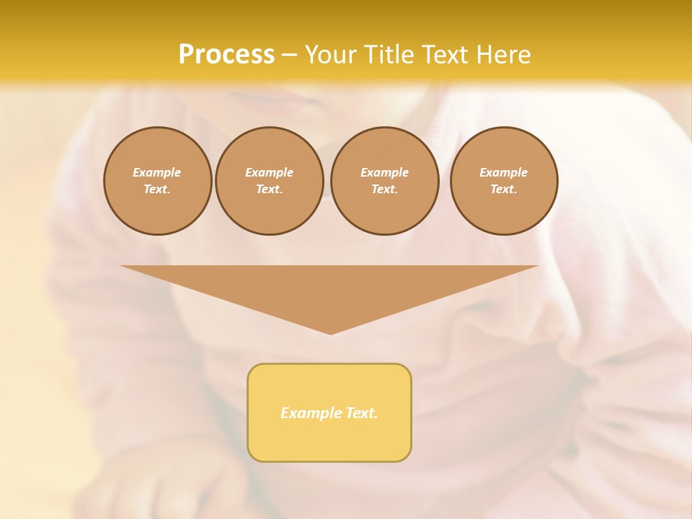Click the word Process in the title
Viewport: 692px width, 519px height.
pyautogui.click(x=226, y=55)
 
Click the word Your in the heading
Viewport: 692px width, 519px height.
pyautogui.click(x=332, y=55)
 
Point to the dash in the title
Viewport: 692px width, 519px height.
pyautogui.click(x=290, y=56)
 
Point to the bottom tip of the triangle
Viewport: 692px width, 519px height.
pyautogui.click(x=330, y=333)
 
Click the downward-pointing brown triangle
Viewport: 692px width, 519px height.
pyautogui.click(x=329, y=288)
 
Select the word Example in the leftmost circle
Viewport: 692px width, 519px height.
pyautogui.click(x=157, y=172)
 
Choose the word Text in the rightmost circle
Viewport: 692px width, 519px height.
pyautogui.click(x=503, y=189)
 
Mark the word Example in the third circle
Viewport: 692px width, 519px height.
pyautogui.click(x=384, y=172)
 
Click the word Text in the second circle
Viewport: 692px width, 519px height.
pyautogui.click(x=269, y=189)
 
